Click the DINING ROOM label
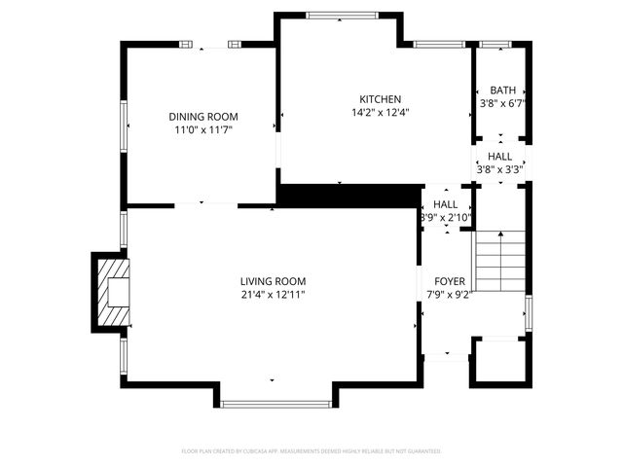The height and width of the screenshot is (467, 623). (x=203, y=116)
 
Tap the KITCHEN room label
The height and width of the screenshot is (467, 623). (x=380, y=99)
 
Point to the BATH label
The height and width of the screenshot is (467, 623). (x=502, y=90)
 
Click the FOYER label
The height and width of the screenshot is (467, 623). (x=449, y=280)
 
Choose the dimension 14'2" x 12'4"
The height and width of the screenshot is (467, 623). (x=380, y=112)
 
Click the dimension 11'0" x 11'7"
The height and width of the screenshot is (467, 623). (x=203, y=128)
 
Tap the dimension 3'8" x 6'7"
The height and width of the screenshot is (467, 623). (x=502, y=102)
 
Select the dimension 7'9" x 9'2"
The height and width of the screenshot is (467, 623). (x=449, y=294)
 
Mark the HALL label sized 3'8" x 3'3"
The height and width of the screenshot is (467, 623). (x=500, y=157)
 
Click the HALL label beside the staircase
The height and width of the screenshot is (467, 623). (x=446, y=204)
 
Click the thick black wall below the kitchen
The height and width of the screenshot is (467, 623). (x=350, y=195)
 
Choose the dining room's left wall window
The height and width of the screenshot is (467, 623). (x=123, y=126)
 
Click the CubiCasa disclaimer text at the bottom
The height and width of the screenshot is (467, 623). (x=311, y=451)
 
